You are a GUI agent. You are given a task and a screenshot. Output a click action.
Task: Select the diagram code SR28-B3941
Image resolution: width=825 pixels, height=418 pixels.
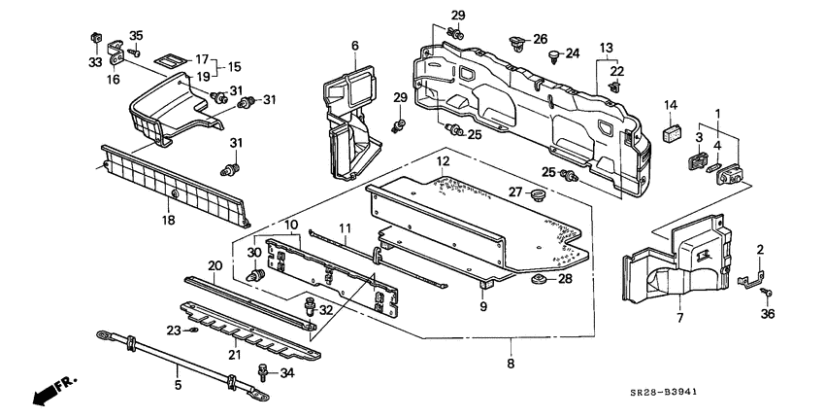coord(664,392)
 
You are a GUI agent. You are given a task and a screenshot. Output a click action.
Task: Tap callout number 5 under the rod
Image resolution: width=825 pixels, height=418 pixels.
coord(178,385)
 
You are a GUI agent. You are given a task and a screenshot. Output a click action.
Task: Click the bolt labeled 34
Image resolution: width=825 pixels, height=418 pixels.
coord(262,372)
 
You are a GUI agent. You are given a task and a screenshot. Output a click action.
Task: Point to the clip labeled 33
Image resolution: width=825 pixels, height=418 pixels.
coord(95,39)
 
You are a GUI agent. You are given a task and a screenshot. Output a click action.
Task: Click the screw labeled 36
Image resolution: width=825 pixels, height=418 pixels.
coord(768,293)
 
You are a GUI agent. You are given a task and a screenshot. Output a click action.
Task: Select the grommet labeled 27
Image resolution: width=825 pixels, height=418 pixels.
coord(538,195)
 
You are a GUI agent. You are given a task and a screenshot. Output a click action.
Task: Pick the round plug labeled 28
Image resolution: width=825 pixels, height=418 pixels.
coord(539,278)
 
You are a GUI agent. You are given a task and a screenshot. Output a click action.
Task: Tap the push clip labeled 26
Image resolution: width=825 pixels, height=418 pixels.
coord(517,45)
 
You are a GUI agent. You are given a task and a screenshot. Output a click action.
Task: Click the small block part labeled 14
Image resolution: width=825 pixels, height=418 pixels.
coord(671,133)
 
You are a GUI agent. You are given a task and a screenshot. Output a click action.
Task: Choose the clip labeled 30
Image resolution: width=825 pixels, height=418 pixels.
coord(255,276)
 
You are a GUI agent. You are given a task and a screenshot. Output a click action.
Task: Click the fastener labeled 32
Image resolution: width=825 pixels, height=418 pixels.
coord(310,307)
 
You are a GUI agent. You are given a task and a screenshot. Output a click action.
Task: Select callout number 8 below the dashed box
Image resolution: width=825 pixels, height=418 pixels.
coord(511,364)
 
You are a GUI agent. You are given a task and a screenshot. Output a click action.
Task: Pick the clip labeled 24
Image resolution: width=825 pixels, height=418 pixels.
coord(553,55)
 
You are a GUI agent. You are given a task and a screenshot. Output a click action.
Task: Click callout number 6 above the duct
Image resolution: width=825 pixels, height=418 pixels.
coord(355,46)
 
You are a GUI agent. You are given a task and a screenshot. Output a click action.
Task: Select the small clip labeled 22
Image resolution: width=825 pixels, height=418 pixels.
coord(615,87)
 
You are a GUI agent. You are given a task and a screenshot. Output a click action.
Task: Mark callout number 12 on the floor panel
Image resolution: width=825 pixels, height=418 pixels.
coord(444,160)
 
